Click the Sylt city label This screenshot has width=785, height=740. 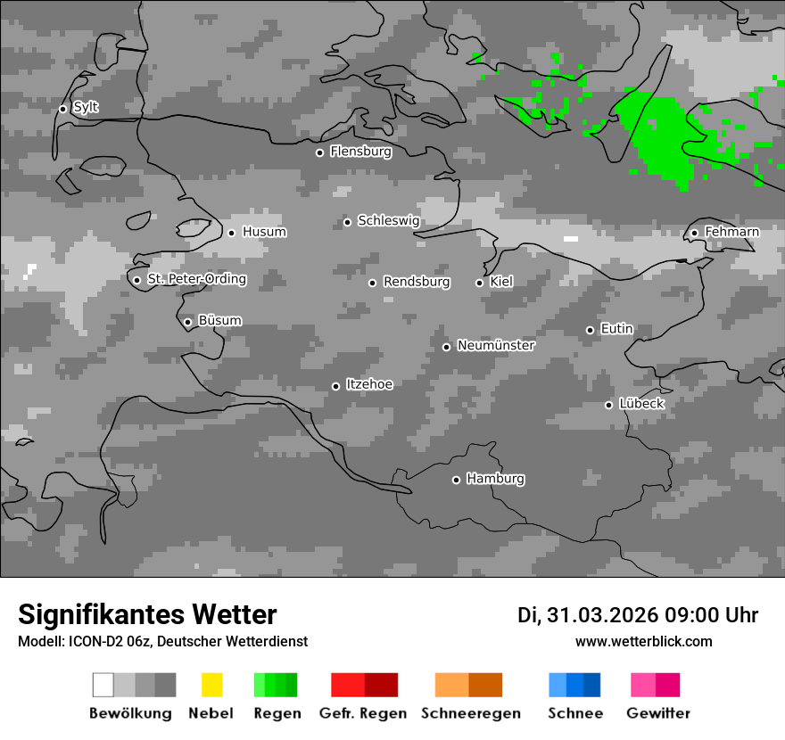tap(86, 108)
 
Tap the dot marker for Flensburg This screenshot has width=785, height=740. tap(319, 152)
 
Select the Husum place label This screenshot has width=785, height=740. tap(264, 232)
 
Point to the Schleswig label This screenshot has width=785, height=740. tap(388, 220)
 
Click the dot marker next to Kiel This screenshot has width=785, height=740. tap(479, 283)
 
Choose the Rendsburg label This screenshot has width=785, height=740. tap(417, 282)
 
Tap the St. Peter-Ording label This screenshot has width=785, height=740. tap(196, 279)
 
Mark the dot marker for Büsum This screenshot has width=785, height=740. tap(187, 322)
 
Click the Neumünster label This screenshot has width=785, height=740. tap(496, 345)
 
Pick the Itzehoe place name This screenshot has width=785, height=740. tap(369, 384)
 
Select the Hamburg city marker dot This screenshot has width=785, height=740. tap(456, 480)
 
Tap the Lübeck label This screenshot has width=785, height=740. tap(641, 404)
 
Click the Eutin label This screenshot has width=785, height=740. tap(616, 329)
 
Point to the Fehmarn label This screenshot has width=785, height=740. tap(731, 232)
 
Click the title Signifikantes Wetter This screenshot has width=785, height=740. tap(147, 614)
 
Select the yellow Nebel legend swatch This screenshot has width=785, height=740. tap(211, 685)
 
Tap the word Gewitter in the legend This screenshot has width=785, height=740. tap(658, 713)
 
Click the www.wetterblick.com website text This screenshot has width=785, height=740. tap(643, 641)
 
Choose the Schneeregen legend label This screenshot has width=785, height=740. tap(470, 713)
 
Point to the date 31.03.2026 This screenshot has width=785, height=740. tap(602, 615)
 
